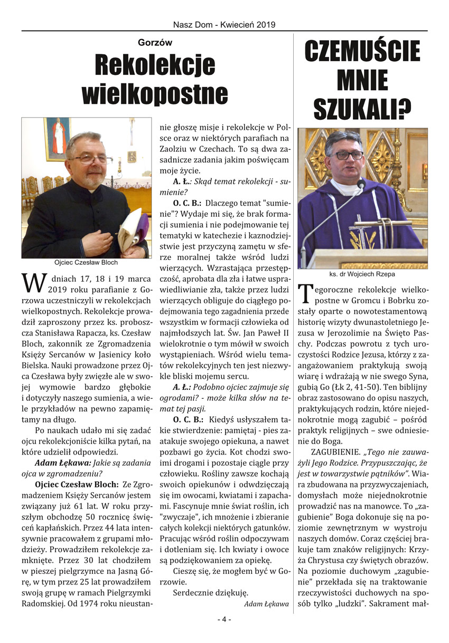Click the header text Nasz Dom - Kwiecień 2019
[x=224, y=24]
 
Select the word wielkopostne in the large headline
[x=155, y=94]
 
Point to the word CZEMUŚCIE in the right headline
[x=362, y=52]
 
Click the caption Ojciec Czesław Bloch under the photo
[x=86, y=262]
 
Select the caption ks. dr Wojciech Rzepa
[x=362, y=274]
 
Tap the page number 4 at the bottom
[x=224, y=619]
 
